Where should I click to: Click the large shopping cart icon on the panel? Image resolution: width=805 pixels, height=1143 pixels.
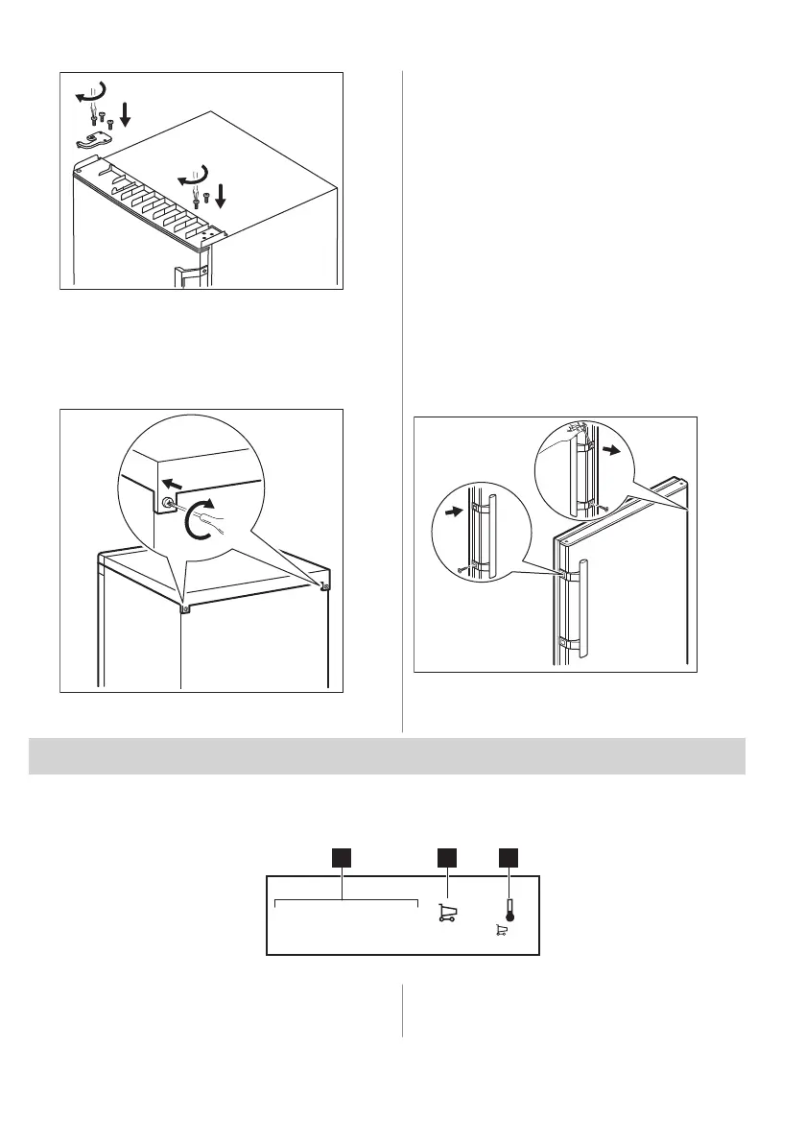[445, 913]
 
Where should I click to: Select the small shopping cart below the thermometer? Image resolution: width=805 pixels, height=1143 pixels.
[500, 931]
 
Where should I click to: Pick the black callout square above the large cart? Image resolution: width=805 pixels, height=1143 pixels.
[445, 859]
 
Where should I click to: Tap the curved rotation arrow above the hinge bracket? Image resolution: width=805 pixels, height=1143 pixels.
[91, 92]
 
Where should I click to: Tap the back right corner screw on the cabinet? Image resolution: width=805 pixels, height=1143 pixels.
[325, 586]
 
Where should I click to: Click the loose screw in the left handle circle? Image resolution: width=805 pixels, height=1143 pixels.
[462, 570]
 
